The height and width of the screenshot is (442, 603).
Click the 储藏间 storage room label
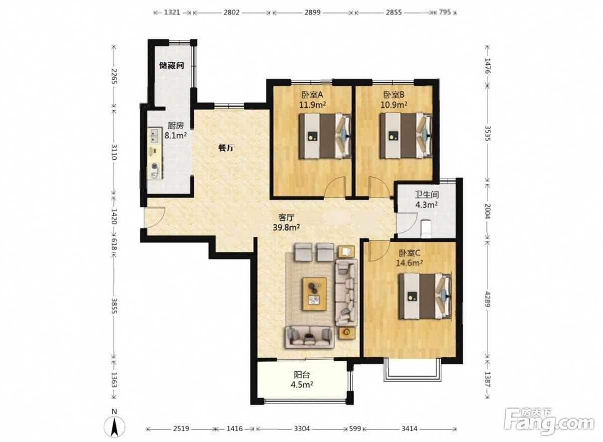[x=172, y=65]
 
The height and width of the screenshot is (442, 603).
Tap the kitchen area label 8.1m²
[x=176, y=135]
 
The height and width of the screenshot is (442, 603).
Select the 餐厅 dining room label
[x=226, y=148]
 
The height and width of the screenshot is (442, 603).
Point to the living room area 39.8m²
[x=286, y=227]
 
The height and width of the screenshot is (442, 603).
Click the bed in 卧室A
[x=325, y=136]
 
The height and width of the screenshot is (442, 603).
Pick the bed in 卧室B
[x=406, y=136]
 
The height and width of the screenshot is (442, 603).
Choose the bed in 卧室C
[x=425, y=296]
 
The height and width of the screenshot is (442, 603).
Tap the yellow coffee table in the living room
[x=315, y=294]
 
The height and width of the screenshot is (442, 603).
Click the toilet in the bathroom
[x=425, y=228]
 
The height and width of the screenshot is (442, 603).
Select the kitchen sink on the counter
[x=155, y=136]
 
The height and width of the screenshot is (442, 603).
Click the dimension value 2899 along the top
[x=312, y=12]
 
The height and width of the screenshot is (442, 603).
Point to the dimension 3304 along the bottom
[x=302, y=429]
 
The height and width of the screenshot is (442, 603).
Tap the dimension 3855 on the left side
[x=114, y=306]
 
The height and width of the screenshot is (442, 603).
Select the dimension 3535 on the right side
[x=487, y=133]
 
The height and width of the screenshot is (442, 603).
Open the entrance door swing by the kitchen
[x=155, y=218]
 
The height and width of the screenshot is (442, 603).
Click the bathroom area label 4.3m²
[x=426, y=205]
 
